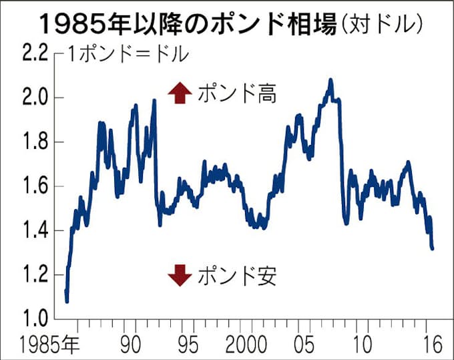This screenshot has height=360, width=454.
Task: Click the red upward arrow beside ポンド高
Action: [178, 94]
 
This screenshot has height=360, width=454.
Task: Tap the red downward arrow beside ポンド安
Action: [178, 275]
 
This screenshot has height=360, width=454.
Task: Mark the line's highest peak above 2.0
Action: [330, 80]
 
